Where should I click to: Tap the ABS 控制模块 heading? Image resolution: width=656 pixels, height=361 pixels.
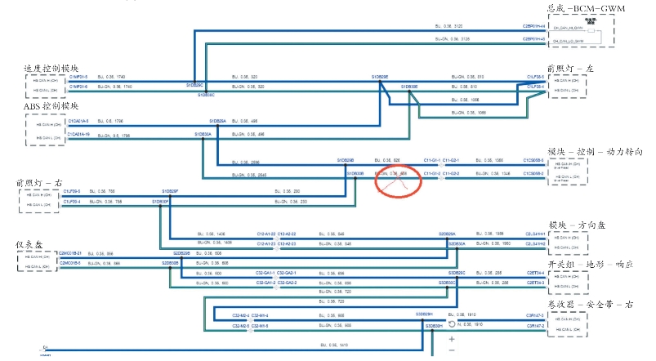[x=52, y=106]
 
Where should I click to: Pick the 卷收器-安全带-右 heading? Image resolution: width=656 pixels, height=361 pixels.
[x=590, y=304]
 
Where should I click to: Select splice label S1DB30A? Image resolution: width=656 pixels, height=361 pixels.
[x=203, y=133]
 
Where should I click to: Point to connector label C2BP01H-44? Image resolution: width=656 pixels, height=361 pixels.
[x=533, y=27]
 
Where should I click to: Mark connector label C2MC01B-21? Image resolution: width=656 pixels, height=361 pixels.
[x=70, y=253]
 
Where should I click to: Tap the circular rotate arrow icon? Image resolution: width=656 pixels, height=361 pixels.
[x=452, y=324]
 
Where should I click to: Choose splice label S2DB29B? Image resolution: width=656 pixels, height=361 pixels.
[x=181, y=253]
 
